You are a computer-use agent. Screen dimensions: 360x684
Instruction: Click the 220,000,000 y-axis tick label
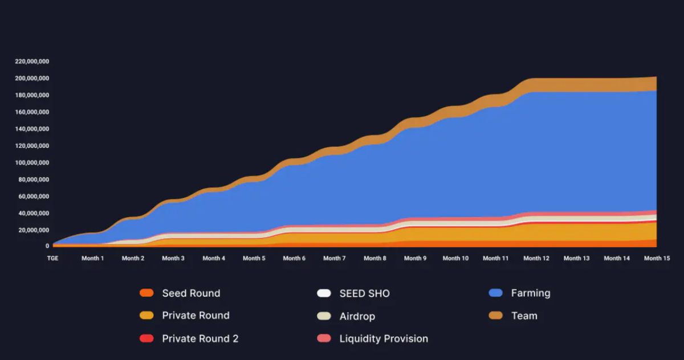(32, 61)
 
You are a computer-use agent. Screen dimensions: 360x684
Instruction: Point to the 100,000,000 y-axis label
(32, 163)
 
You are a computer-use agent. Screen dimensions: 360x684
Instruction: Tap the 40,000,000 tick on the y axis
(34, 214)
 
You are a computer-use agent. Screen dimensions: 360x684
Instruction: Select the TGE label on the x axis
(52, 258)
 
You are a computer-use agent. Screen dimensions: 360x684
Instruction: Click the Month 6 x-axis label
(294, 258)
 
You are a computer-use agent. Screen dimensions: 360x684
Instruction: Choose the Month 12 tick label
(536, 258)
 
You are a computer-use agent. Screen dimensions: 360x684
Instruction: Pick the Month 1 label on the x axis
(92, 258)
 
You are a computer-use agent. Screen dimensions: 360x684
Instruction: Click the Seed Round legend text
(191, 293)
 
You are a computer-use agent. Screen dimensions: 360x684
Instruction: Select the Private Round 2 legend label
(200, 338)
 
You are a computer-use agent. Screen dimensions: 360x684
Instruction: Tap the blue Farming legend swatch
(495, 293)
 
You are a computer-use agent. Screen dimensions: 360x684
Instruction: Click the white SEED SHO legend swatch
(324, 293)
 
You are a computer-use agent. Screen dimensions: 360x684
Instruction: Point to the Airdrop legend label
(357, 316)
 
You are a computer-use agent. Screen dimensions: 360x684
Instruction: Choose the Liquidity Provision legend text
(384, 338)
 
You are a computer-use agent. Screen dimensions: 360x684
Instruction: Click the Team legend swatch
(495, 315)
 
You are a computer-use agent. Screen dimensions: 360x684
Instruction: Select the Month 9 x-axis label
(415, 258)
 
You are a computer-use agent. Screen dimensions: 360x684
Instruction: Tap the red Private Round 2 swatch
(146, 338)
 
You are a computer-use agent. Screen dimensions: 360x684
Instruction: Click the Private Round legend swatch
(146, 315)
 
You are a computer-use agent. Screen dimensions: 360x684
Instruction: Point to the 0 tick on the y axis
(47, 246)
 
